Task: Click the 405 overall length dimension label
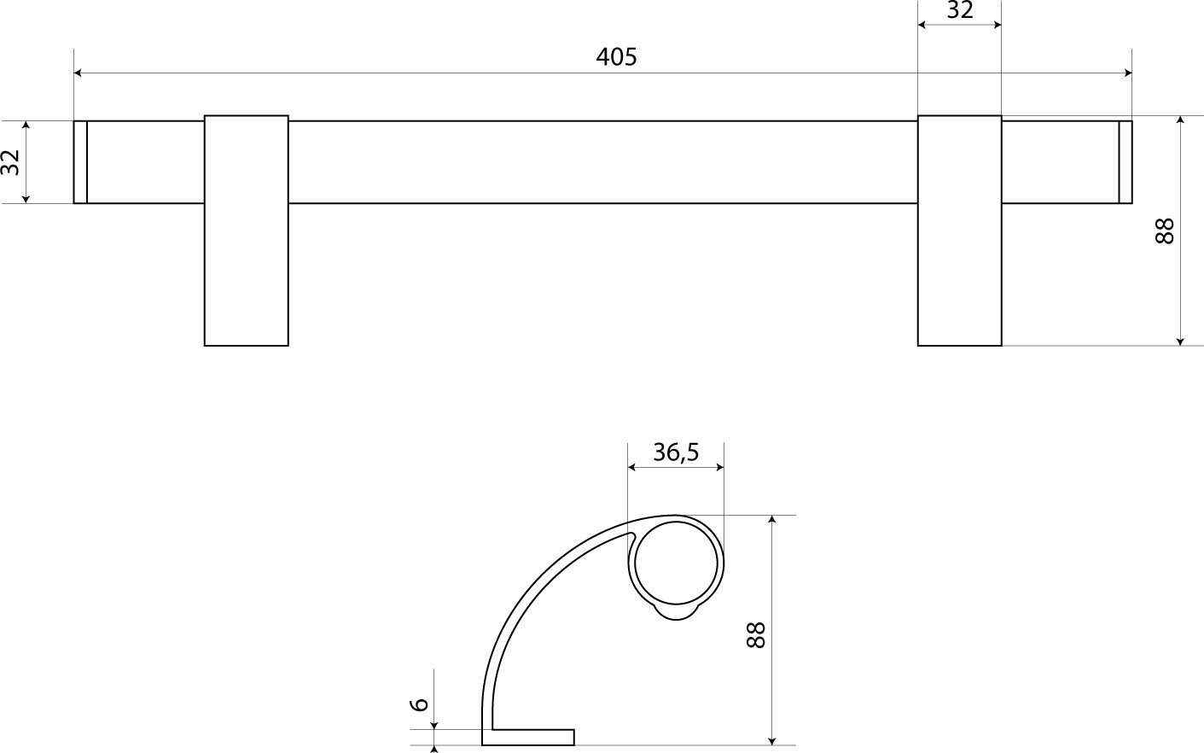coord(616,57)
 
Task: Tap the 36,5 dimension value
coord(676,452)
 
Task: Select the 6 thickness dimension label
coord(421,704)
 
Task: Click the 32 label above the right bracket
coord(959,10)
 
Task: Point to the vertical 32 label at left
coord(11,162)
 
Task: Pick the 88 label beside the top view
coord(1164,231)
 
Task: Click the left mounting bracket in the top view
coord(246,231)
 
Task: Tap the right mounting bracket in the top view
coord(959,231)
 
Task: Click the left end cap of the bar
coord(80,162)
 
